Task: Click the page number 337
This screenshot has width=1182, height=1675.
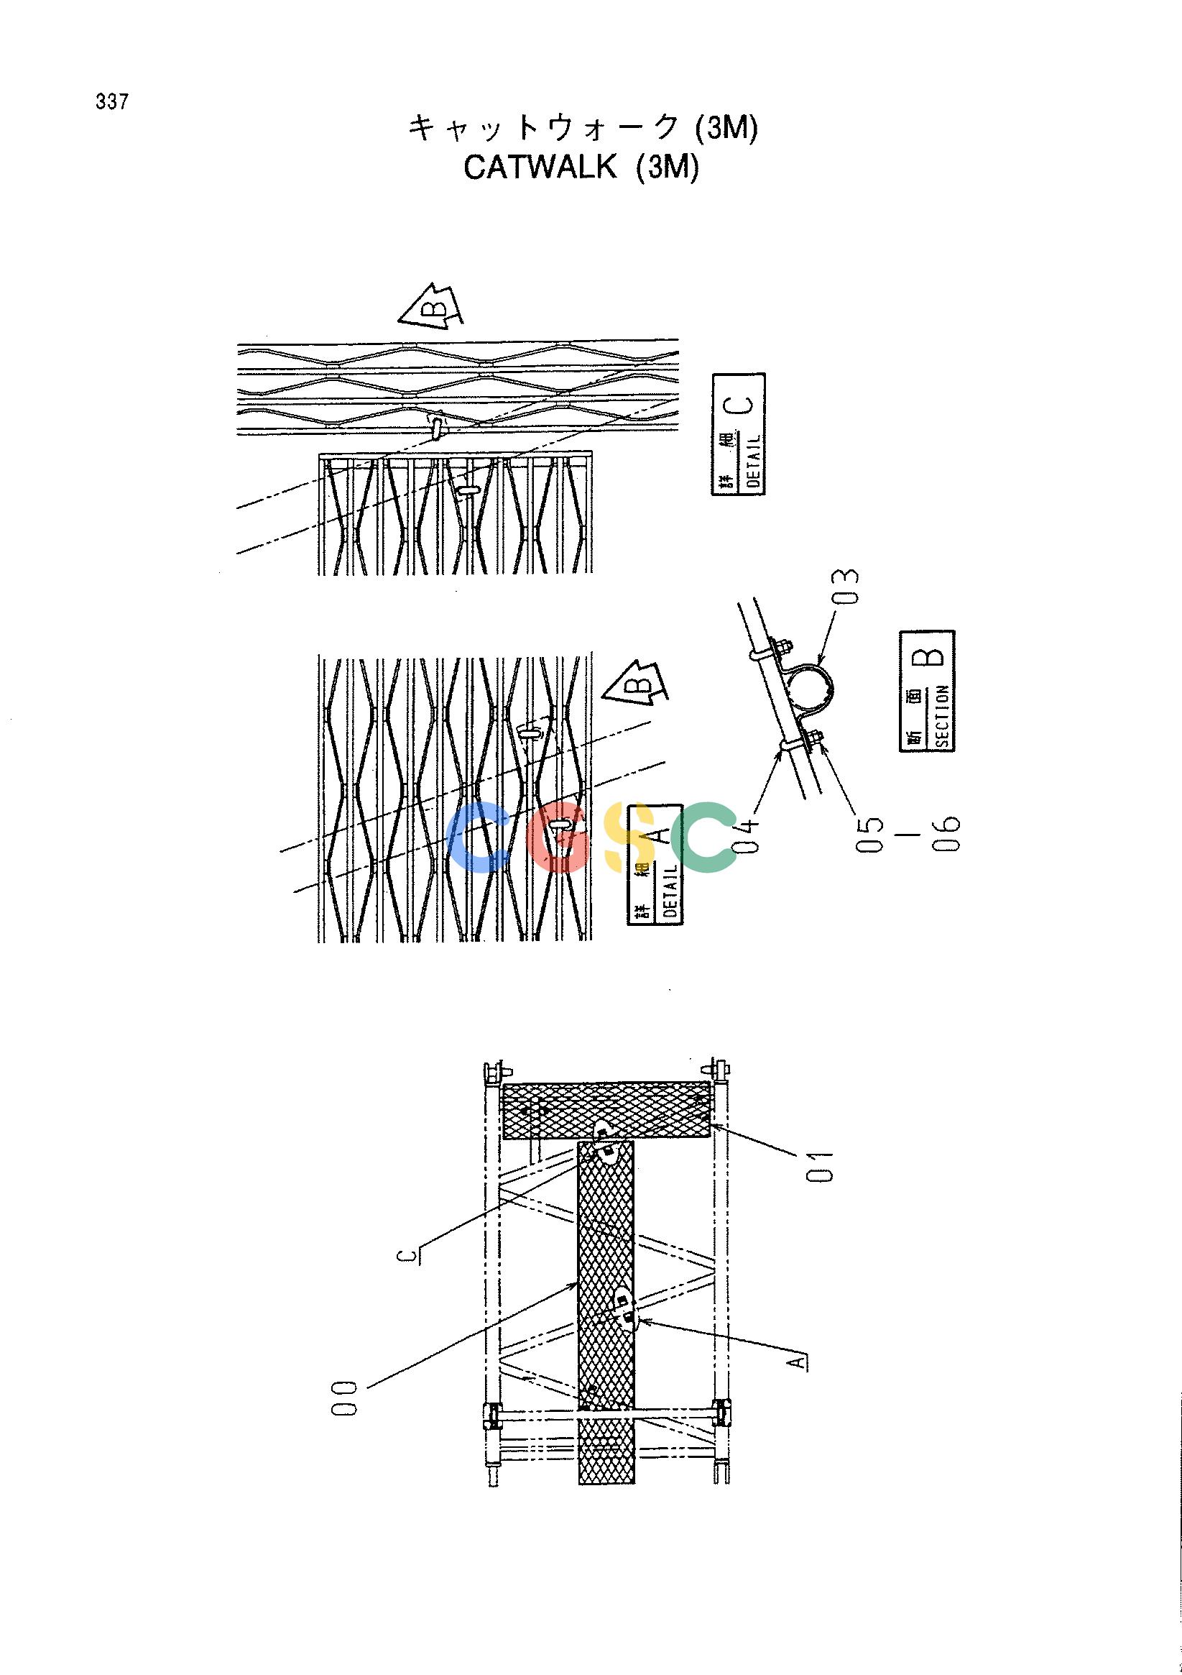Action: (111, 103)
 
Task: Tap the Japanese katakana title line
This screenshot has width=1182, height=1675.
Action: (583, 129)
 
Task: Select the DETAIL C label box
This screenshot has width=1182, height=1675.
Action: (738, 434)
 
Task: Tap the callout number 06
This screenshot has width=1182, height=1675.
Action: (948, 833)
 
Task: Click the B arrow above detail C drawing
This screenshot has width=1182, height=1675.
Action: (433, 304)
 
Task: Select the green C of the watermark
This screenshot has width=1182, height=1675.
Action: (703, 837)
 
